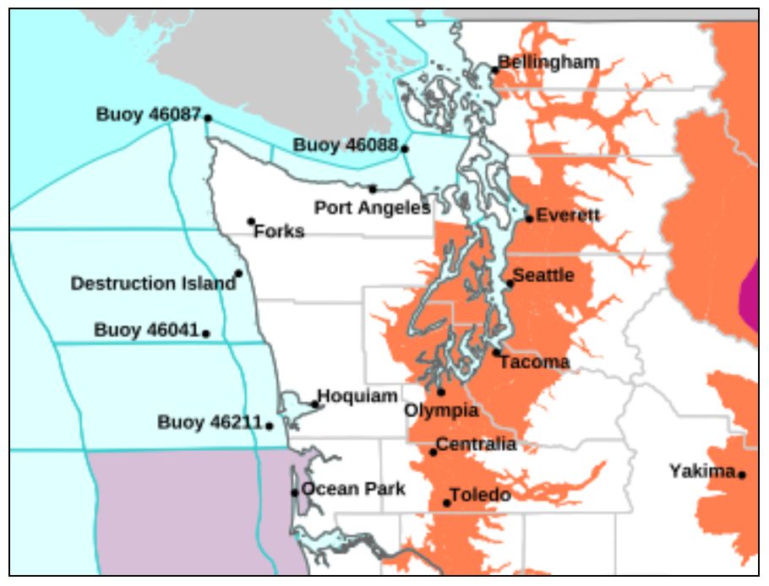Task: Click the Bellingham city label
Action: click(x=549, y=62)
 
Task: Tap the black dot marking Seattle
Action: click(x=510, y=283)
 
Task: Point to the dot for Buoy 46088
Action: click(x=405, y=149)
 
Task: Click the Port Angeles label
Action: click(x=372, y=207)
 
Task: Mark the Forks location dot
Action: click(x=251, y=221)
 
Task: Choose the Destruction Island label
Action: click(x=153, y=284)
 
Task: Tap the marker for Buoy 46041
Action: click(x=206, y=334)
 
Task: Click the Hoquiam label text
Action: click(x=357, y=396)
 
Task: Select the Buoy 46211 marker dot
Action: click(x=270, y=426)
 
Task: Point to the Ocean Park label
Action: click(x=353, y=489)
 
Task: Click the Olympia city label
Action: click(x=441, y=410)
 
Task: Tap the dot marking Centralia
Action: click(x=434, y=452)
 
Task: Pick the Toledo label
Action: click(x=480, y=495)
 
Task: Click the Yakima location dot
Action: click(x=742, y=475)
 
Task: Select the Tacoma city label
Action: click(x=534, y=362)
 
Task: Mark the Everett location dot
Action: click(x=530, y=219)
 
